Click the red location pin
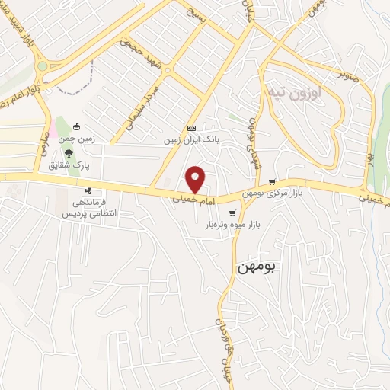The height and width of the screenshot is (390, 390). (197, 179)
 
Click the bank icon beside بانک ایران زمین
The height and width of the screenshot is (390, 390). (191, 129)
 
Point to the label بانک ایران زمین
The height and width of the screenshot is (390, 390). (190, 141)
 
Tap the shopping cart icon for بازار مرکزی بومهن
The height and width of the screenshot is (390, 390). (273, 182)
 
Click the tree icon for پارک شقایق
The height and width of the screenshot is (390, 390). (69, 152)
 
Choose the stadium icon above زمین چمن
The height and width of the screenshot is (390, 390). (77, 126)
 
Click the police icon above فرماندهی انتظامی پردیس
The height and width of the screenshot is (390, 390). (90, 190)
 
